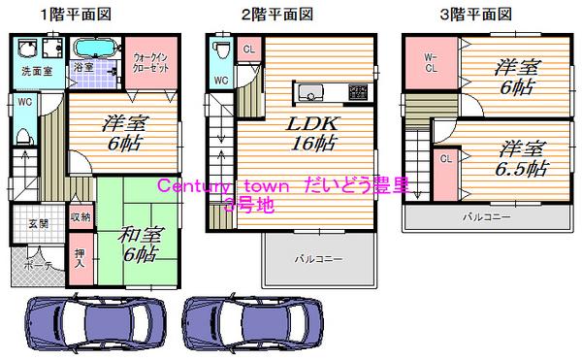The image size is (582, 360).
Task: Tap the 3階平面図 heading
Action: click(476, 14)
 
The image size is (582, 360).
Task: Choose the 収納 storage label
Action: click(80, 217)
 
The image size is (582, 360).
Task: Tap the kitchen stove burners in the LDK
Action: click(358, 93)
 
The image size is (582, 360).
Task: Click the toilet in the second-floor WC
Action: click(222, 50)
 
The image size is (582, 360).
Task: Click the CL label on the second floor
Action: click(249, 49)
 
